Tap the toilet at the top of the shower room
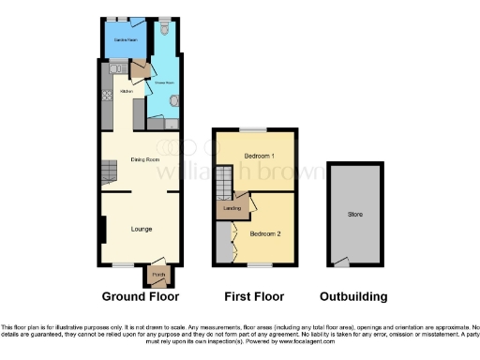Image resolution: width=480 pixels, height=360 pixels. coord(165,30)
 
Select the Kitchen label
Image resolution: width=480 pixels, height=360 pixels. coord(126,92)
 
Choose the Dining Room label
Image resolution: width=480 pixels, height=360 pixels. coord(145,159)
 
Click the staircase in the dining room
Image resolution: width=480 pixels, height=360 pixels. coord(110,171)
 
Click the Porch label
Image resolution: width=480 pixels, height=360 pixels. coord(157,275)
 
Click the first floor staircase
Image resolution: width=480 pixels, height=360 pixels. coord(224,183)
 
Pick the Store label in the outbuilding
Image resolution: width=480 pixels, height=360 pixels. coord(355,215)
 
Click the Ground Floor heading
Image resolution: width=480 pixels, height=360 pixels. coord(141,296)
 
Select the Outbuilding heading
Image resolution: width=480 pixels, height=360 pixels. coord(353,296)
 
